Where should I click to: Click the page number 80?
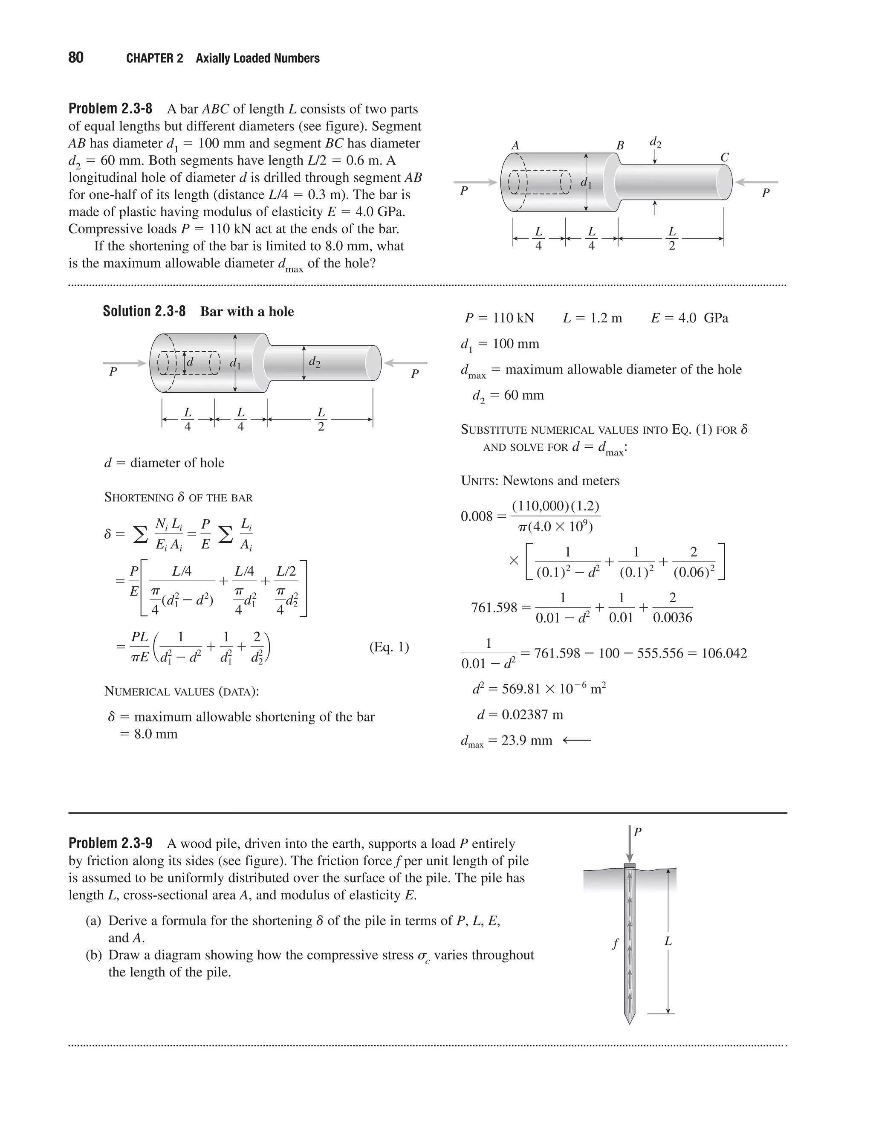[x=75, y=58]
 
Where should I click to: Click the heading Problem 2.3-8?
[x=110, y=109]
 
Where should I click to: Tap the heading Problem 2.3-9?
[x=110, y=843]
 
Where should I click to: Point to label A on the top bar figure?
[x=515, y=146]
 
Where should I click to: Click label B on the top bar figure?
[x=620, y=146]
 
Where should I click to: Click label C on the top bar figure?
[x=725, y=157]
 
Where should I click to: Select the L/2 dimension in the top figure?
[x=671, y=238]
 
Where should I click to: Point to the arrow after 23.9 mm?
[x=576, y=740]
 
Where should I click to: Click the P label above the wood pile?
[x=638, y=832]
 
